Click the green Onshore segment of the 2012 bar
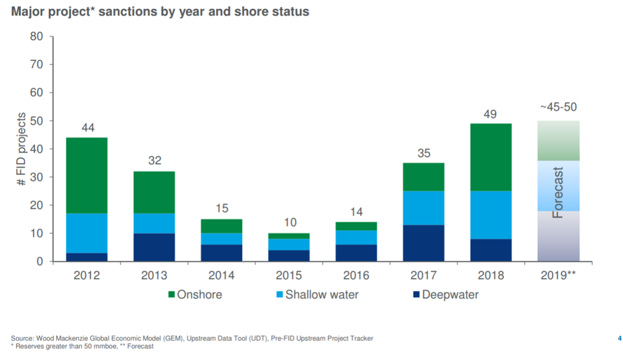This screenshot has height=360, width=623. click(87, 175)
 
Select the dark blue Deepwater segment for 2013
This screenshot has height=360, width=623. click(154, 247)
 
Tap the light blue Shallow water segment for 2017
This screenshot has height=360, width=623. click(423, 208)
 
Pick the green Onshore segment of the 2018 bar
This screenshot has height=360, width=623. click(491, 157)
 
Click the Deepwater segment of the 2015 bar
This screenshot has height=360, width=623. click(289, 255)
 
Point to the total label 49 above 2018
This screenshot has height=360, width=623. click(490, 114)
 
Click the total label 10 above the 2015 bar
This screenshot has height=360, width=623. click(290, 222)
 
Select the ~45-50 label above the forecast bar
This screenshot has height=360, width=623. click(558, 107)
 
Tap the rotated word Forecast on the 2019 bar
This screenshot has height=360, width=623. click(558, 192)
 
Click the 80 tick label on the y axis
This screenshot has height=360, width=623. click(36, 36)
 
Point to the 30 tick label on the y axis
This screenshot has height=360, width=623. click(36, 177)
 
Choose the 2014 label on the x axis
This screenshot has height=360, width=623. click(221, 276)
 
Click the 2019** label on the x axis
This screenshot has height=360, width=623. click(558, 276)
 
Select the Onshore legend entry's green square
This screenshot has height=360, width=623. click(171, 295)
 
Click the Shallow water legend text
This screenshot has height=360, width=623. click(322, 295)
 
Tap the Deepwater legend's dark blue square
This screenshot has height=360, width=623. click(416, 295)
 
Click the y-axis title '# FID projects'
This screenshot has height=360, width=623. click(21, 149)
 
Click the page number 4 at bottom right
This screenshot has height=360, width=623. click(620, 339)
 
